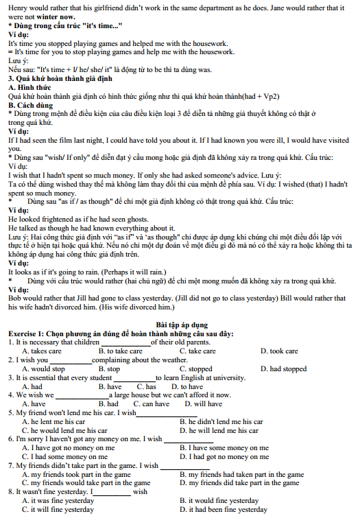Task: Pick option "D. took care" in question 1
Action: pos(279,351)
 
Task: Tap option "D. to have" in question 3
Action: pos(180,386)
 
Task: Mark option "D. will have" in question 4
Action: pos(204,404)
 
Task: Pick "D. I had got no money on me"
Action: pos(224,456)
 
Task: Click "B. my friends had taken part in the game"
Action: pos(241,474)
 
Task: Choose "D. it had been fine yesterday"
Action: pos(224,510)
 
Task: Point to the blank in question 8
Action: pos(112,492)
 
